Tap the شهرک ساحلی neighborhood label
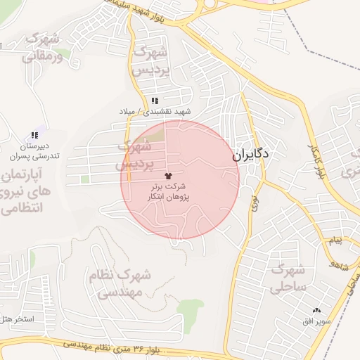pyautogui.click(x=288, y=278)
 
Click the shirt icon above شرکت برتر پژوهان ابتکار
pyautogui.click(x=168, y=175)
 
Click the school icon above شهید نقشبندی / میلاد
pyautogui.click(x=155, y=101)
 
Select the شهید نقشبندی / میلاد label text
pyautogui.click(x=154, y=112)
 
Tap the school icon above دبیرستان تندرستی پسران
pyautogui.click(x=34, y=135)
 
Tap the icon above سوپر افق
pyautogui.click(x=316, y=310)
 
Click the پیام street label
pyautogui.click(x=333, y=241)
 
